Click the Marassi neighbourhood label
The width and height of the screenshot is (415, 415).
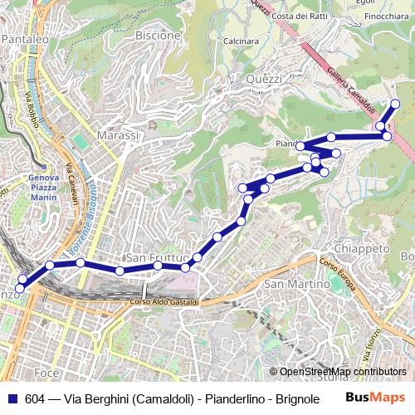(x=116, y=134)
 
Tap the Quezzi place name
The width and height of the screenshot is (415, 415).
(x=264, y=78)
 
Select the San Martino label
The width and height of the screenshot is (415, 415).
(x=290, y=285)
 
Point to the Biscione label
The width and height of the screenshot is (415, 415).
(x=157, y=36)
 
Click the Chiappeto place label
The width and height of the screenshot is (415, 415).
(x=361, y=248)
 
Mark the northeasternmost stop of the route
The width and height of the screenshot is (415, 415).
(x=396, y=104)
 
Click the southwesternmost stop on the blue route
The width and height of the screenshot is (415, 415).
(x=20, y=287)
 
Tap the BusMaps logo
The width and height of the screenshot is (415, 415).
(x=375, y=398)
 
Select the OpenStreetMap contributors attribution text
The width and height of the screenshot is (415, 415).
(x=342, y=372)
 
